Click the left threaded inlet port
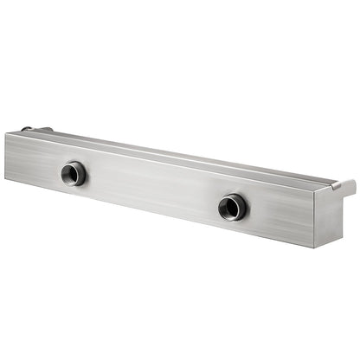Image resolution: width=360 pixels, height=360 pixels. (74, 173)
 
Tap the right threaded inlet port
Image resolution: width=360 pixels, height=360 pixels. (232, 206)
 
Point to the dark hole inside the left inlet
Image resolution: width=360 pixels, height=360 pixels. (74, 174)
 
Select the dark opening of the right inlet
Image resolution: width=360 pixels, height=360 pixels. (232, 207)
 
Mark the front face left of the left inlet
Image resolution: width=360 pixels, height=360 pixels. (35, 164)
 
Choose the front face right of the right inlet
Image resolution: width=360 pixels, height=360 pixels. (277, 216)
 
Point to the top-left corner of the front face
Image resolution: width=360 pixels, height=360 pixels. (6, 132)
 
